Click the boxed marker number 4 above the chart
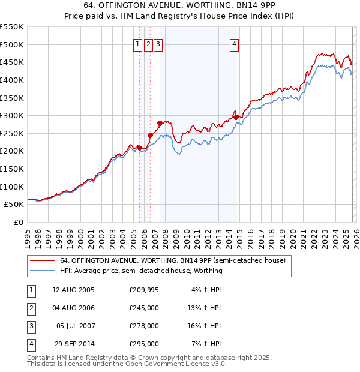point(234,44)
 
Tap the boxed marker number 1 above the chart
point(137,44)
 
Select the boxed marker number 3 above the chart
point(157,44)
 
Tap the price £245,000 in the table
point(144,308)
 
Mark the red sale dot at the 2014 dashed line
point(236,117)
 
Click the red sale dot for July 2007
point(160,123)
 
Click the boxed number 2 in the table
point(29,308)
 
